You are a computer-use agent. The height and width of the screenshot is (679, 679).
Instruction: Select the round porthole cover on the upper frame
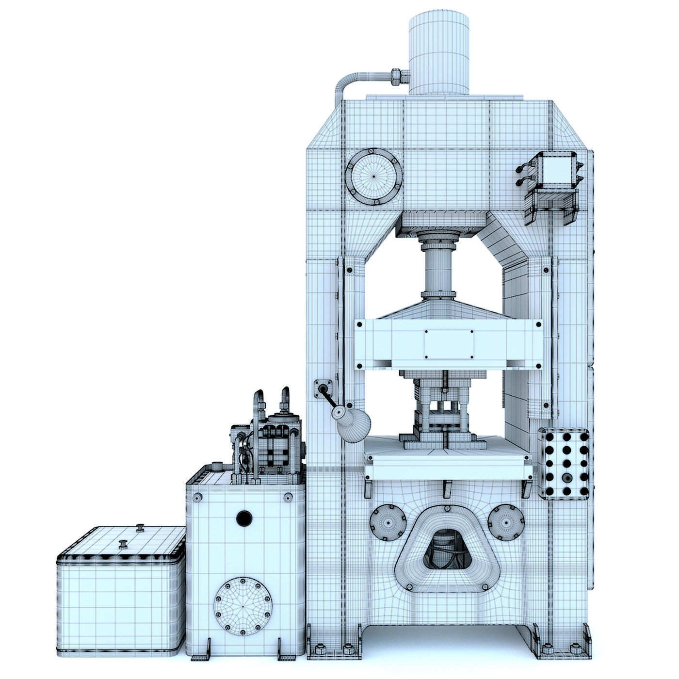[374, 176]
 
